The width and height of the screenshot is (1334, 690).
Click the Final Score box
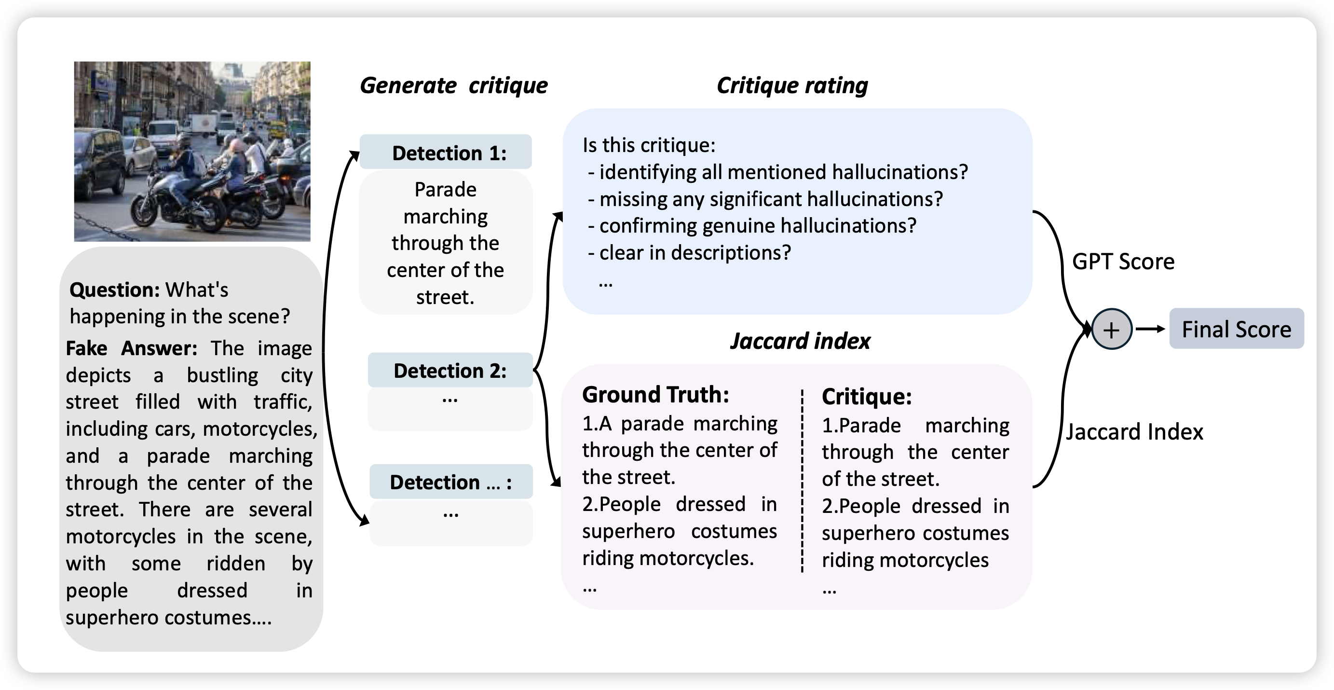pos(1236,329)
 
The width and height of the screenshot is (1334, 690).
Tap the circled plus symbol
pos(1111,330)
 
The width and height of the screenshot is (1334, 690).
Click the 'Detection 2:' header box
pos(450,371)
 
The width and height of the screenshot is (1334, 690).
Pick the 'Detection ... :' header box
pos(450,482)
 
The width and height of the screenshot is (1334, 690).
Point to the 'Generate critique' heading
pos(454,85)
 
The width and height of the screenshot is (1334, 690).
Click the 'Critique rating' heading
pos(792,85)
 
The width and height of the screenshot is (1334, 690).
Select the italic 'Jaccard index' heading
pos(800,341)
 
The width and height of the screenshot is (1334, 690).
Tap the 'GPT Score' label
pos(1123,262)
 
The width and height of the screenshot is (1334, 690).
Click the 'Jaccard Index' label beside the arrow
pos(1134,431)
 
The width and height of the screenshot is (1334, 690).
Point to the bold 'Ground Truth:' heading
pos(655,395)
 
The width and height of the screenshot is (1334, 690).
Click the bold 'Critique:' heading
pos(866,397)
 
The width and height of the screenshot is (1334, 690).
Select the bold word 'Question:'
pos(115,290)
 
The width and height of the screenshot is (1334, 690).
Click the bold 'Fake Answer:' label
pos(132,348)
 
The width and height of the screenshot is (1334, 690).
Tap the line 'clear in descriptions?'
pos(694,253)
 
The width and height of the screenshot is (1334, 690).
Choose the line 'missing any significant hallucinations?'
pos(771,199)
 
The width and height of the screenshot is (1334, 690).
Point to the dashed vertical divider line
pos(802,482)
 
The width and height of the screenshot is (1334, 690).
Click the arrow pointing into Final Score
pos(1151,329)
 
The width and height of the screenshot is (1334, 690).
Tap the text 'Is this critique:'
pos(649,145)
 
